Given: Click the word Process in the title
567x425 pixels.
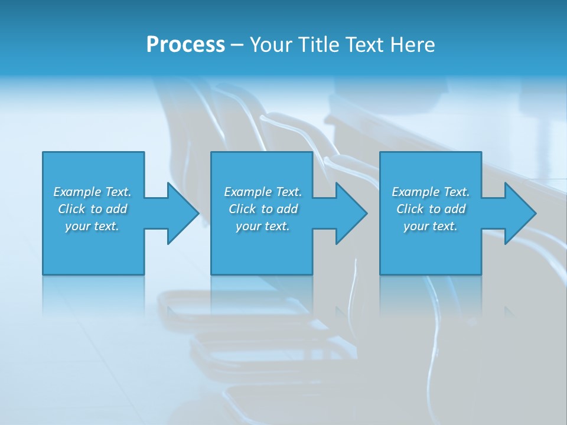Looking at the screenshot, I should (185, 45).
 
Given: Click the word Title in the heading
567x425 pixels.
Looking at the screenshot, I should (318, 45).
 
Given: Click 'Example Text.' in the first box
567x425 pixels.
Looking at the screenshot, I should (92, 192).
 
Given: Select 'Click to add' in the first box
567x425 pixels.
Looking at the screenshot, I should (92, 209).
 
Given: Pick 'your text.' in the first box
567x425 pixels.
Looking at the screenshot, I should (92, 226).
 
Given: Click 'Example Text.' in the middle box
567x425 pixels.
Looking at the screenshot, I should (263, 192).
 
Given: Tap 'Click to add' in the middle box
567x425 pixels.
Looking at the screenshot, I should (263, 209).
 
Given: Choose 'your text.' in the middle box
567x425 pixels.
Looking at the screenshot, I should (263, 226).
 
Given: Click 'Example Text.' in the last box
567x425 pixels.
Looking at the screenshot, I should (431, 192).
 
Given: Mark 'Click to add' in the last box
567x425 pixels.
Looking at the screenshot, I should (431, 209).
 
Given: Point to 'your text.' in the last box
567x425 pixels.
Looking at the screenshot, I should (431, 226).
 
